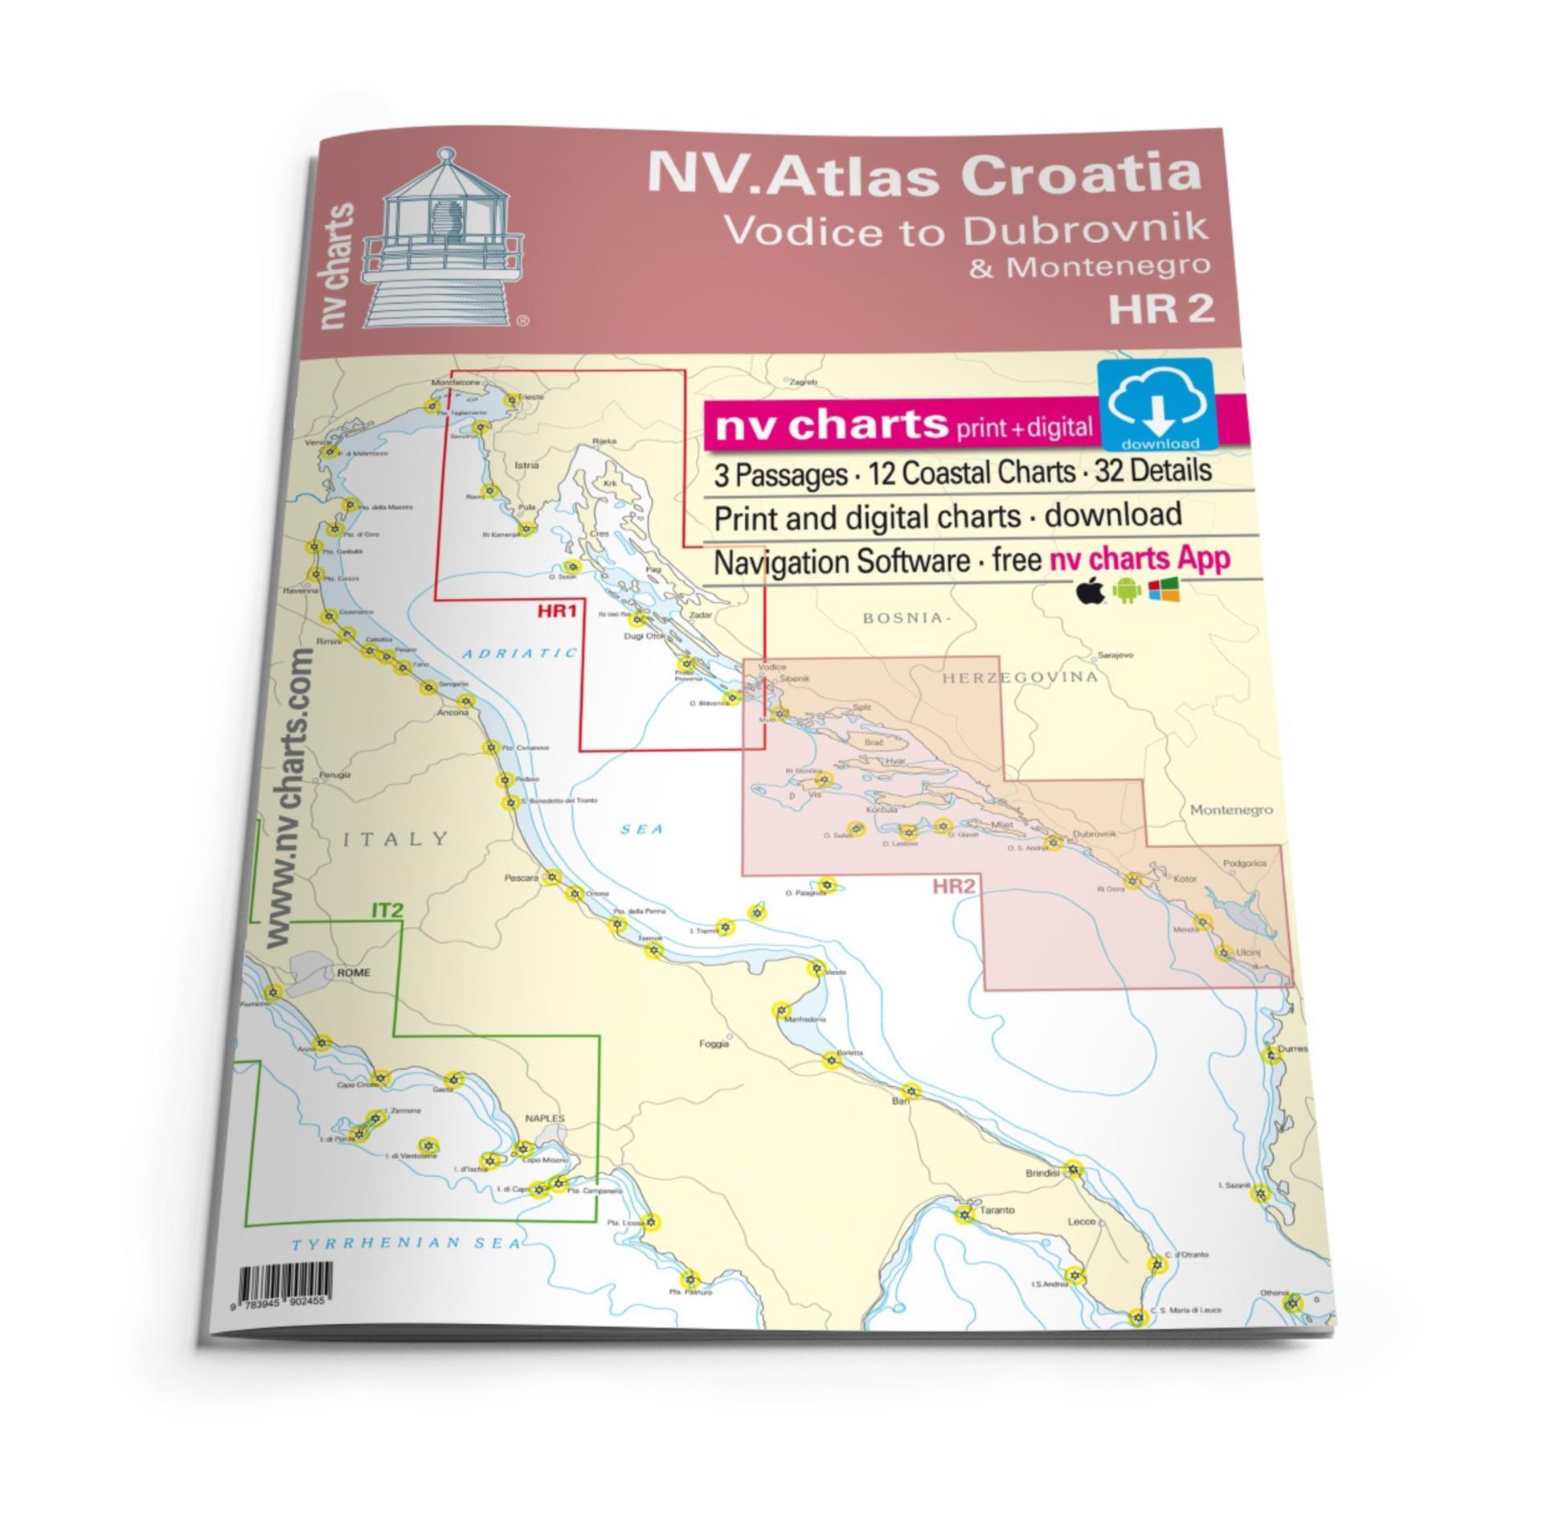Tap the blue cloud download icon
(x=1156, y=404)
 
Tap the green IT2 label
(x=385, y=911)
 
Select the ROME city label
(x=354, y=972)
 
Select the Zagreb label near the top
(x=803, y=383)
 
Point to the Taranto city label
(x=997, y=1210)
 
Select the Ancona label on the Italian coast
(x=452, y=712)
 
